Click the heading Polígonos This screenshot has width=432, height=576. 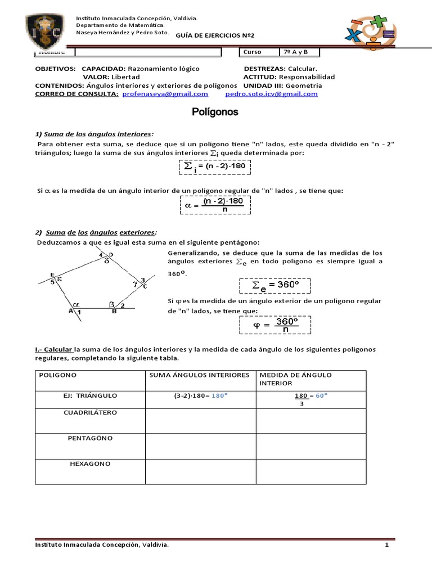point(216,112)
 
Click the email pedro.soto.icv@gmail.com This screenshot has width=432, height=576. point(271,94)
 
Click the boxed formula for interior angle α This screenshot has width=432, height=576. point(215,205)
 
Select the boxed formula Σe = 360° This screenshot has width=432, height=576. point(277,286)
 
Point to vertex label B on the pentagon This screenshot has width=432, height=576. point(114,311)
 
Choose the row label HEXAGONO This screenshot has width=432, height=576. point(90,463)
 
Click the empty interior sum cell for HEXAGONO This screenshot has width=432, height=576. point(200,471)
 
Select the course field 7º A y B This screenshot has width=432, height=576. point(300,52)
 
